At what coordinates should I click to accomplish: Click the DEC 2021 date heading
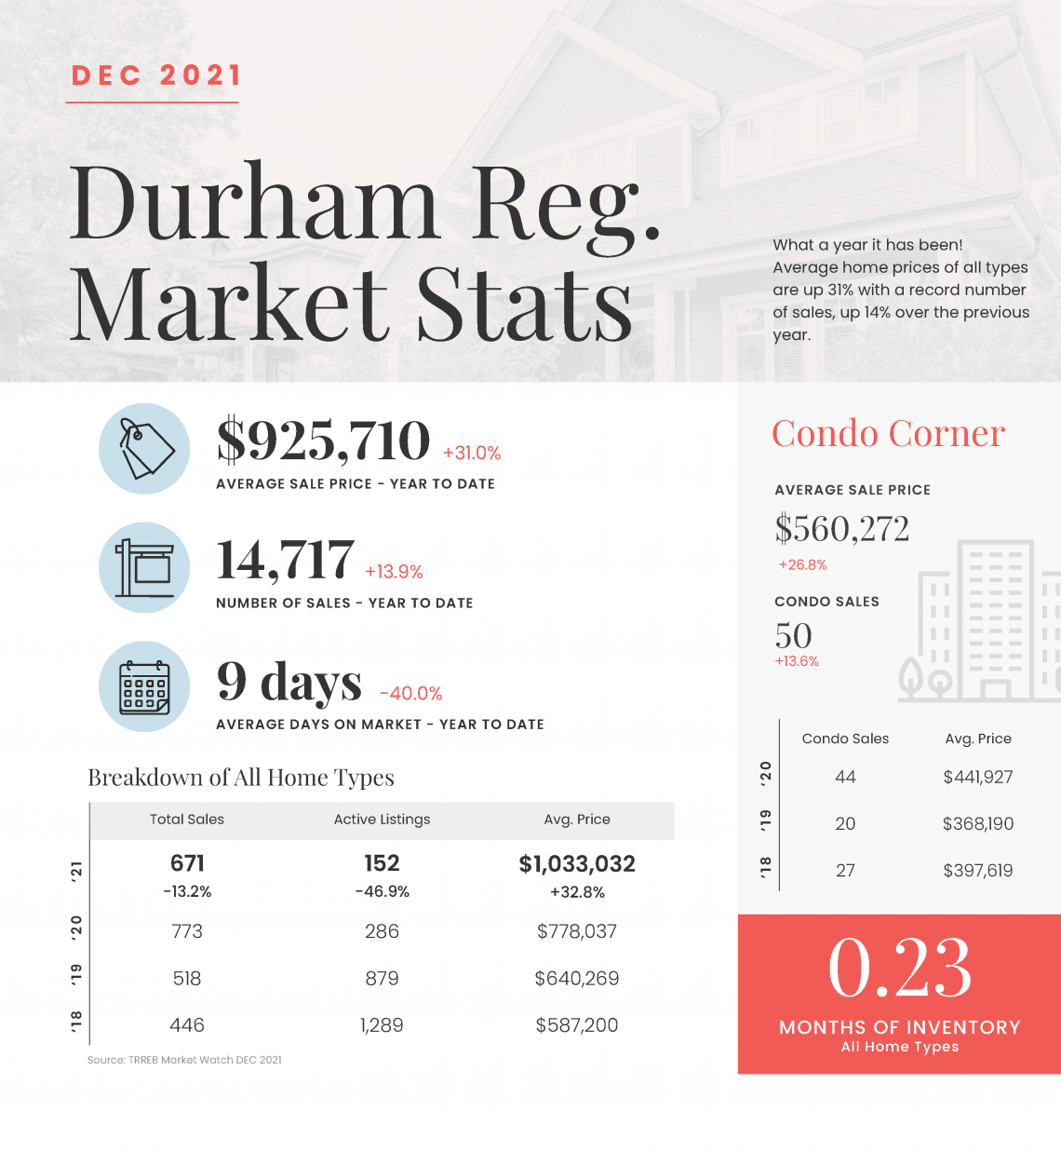pos(155,75)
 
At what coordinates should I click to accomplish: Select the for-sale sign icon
pos(144,567)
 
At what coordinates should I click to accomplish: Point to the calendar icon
pos(144,686)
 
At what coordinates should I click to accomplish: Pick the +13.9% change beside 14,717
pos(394,572)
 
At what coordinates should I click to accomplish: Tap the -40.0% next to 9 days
pos(411,694)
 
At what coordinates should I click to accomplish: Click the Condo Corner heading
pos(888,433)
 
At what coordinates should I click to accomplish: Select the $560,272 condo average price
pos(842,528)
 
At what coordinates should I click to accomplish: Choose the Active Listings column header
pos(382,820)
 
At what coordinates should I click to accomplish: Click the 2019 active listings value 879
pos(382,979)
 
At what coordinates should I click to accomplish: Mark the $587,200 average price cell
pos(577,1025)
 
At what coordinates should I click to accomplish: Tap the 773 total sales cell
pos(187,931)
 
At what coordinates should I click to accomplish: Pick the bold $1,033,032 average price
pos(577,864)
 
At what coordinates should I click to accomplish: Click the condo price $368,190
pos(978,824)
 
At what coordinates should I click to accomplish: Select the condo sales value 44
pos(846,778)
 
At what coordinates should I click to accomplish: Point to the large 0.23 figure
pos(900,968)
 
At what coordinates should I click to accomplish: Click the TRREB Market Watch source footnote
pos(184,1060)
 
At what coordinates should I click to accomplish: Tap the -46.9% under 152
pos(382,892)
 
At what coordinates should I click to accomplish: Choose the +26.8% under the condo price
pos(802,565)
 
